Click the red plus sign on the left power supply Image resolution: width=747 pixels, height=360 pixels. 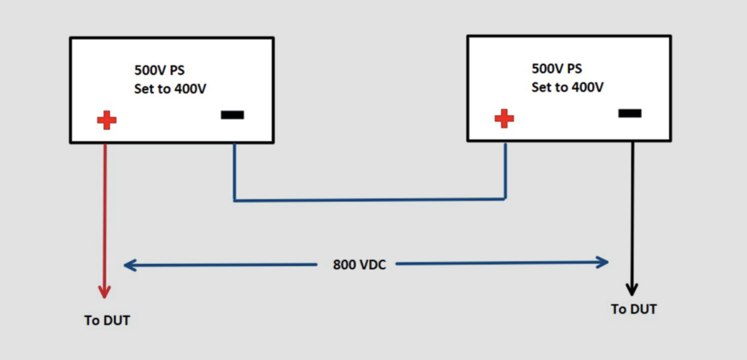tap(107, 120)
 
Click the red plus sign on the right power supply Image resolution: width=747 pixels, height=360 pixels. tap(504, 118)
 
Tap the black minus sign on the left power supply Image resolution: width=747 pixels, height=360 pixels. tap(232, 115)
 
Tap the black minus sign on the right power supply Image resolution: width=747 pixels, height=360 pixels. tap(630, 113)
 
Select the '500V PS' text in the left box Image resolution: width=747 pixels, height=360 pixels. tap(160, 70)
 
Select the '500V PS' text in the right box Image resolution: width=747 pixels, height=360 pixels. tap(557, 69)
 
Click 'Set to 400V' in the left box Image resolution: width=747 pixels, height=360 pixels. tap(170, 90)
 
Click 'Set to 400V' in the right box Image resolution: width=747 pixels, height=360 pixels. tap(568, 88)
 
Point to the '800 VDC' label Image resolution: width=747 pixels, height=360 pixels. tap(359, 265)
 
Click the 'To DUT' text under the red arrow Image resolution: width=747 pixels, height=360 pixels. tap(107, 321)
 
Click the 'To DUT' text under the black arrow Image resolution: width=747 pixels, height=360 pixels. tap(634, 309)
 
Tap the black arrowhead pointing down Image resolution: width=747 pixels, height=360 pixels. tap(632, 289)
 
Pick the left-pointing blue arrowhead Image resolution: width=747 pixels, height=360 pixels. tap(129, 265)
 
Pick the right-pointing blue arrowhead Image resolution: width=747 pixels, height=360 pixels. tap(603, 263)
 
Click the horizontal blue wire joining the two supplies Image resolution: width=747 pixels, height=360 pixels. tap(370, 199)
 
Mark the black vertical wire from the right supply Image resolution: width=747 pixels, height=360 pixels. tap(632, 209)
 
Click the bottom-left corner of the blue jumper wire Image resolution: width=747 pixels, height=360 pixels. tap(234, 199)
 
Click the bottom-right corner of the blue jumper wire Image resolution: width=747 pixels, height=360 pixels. tap(505, 198)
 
